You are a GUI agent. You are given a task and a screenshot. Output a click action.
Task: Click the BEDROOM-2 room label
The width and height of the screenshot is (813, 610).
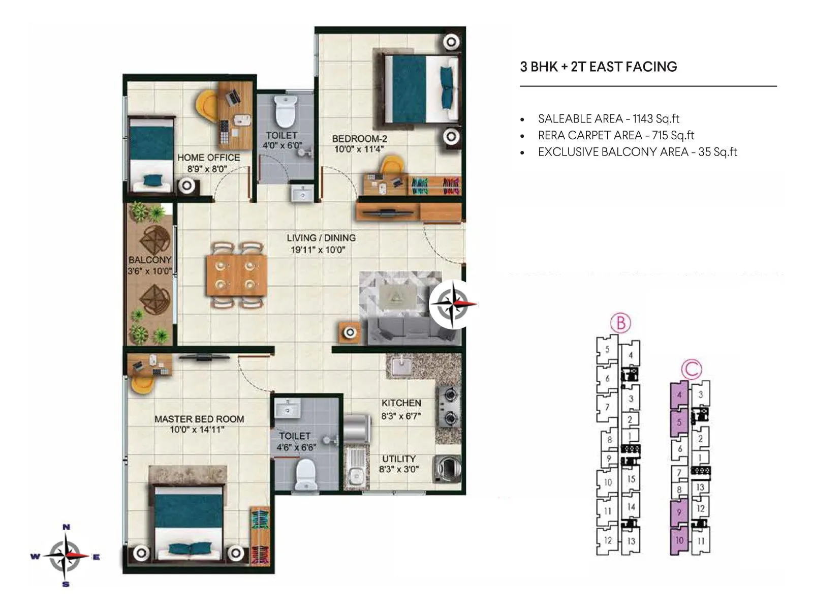click(359, 138)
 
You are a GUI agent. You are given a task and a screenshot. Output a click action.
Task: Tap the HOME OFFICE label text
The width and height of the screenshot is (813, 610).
click(208, 158)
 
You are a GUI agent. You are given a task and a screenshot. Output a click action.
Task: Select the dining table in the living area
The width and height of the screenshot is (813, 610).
click(236, 275)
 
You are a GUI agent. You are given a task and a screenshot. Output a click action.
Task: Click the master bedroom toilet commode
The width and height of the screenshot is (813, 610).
click(306, 474)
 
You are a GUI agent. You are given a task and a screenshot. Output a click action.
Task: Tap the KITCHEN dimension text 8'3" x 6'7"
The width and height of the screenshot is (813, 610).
click(401, 416)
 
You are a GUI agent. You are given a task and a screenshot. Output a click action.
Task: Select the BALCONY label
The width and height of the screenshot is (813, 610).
click(150, 260)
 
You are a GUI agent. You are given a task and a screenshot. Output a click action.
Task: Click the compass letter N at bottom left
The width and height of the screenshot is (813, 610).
click(66, 527)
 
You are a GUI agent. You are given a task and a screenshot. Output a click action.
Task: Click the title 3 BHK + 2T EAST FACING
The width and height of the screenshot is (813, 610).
click(598, 67)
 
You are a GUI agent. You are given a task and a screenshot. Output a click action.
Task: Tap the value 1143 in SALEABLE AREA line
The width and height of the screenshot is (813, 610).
click(642, 118)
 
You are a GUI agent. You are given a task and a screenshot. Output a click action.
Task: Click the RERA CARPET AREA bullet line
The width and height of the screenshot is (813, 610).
click(616, 135)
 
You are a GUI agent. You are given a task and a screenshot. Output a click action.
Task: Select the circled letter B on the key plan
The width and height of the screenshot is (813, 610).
click(620, 322)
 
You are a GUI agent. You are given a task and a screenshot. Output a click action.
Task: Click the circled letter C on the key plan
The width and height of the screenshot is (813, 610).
click(691, 369)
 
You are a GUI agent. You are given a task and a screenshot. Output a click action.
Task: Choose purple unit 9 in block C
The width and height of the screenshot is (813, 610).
click(679, 512)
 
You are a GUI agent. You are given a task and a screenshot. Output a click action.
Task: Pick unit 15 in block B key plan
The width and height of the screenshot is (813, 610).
click(631, 479)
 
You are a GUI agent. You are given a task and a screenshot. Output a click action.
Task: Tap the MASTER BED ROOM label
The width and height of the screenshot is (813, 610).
click(199, 419)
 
